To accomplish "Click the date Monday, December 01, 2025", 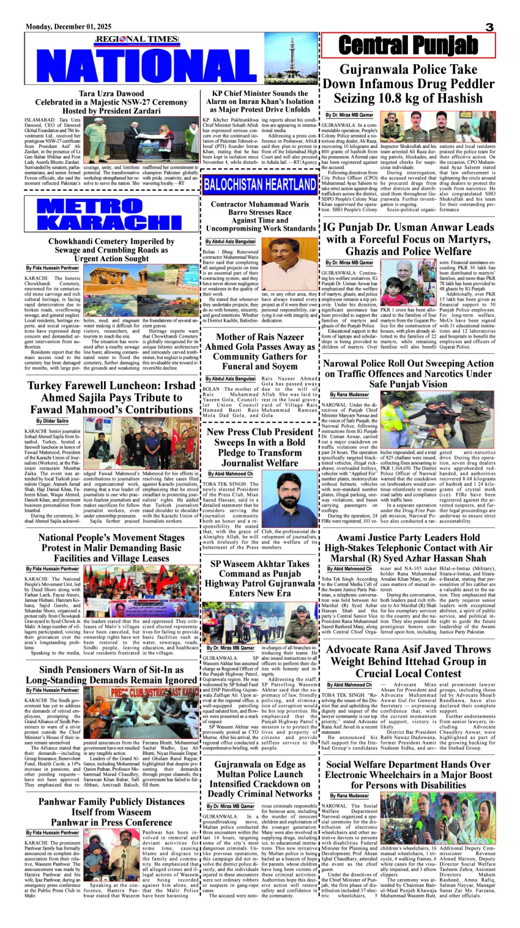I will pos(68,27).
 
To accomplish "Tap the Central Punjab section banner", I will pos(408,45).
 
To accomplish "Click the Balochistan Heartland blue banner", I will pos(259,185).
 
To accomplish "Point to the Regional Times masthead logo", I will pos(137,39).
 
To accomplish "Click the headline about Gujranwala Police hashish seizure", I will pos(408,84).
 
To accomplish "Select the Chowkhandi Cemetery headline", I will pos(111,250).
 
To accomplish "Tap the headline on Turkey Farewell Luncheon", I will pos(111,397).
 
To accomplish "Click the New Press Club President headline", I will pos(259,447).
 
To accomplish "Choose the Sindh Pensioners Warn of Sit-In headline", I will pos(111,675).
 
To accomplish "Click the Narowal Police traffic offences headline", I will pos(408,373).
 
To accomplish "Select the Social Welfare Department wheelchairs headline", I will pos(408,775).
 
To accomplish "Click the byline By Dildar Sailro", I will pos(53,421).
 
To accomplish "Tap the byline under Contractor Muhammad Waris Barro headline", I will pos(230,241).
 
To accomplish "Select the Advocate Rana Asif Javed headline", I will pos(408,661).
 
